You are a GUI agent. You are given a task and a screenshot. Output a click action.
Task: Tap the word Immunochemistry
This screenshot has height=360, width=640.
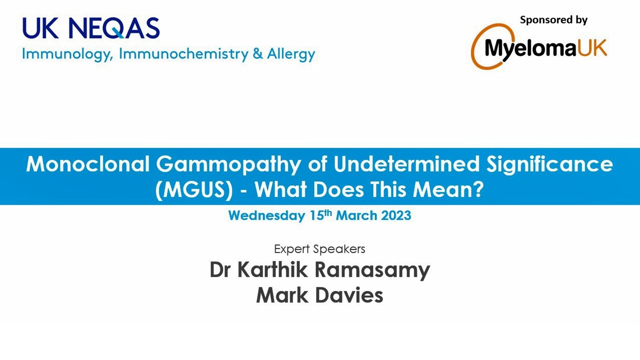click(x=184, y=54)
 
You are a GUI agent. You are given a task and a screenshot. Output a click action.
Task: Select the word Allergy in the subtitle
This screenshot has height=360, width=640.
click(x=291, y=54)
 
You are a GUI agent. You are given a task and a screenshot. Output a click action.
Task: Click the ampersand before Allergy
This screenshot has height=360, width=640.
click(x=257, y=54)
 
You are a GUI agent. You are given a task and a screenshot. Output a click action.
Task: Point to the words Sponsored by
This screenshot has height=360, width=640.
click(x=554, y=20)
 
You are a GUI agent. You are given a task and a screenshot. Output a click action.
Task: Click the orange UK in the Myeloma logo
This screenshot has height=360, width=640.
click(x=592, y=48)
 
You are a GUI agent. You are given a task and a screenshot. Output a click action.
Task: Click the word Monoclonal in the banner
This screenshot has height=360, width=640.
click(x=87, y=164)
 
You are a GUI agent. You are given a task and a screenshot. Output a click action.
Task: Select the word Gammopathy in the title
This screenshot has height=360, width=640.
click(x=228, y=165)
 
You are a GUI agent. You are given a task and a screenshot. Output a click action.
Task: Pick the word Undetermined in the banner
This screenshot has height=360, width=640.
click(x=406, y=164)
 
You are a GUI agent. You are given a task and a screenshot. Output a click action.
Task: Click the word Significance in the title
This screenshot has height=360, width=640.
click(x=550, y=165)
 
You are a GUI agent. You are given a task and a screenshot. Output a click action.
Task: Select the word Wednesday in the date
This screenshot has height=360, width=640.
click(x=266, y=216)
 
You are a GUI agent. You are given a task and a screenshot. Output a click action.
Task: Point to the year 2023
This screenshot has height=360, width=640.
click(x=396, y=216)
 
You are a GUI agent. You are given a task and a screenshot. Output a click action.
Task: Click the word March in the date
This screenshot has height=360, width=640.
click(x=356, y=216)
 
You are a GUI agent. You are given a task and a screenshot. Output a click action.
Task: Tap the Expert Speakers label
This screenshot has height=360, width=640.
click(x=320, y=249)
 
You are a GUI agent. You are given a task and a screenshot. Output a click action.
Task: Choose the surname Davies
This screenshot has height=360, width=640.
click(x=349, y=295)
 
